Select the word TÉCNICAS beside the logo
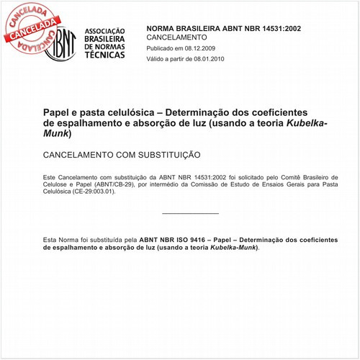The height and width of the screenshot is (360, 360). [x=105, y=55]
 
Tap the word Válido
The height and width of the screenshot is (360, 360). [x=158, y=59]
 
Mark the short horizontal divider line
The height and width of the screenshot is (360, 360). [x=190, y=213]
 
